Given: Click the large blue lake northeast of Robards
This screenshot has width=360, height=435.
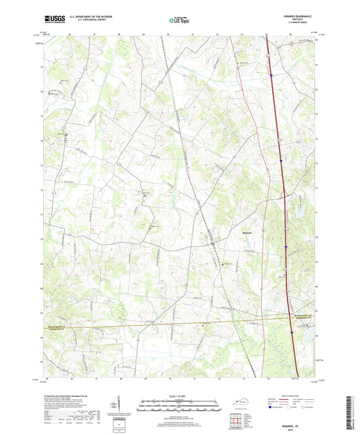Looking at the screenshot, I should (x=295, y=199).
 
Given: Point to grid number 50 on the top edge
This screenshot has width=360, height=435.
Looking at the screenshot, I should (x=168, y=32).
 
